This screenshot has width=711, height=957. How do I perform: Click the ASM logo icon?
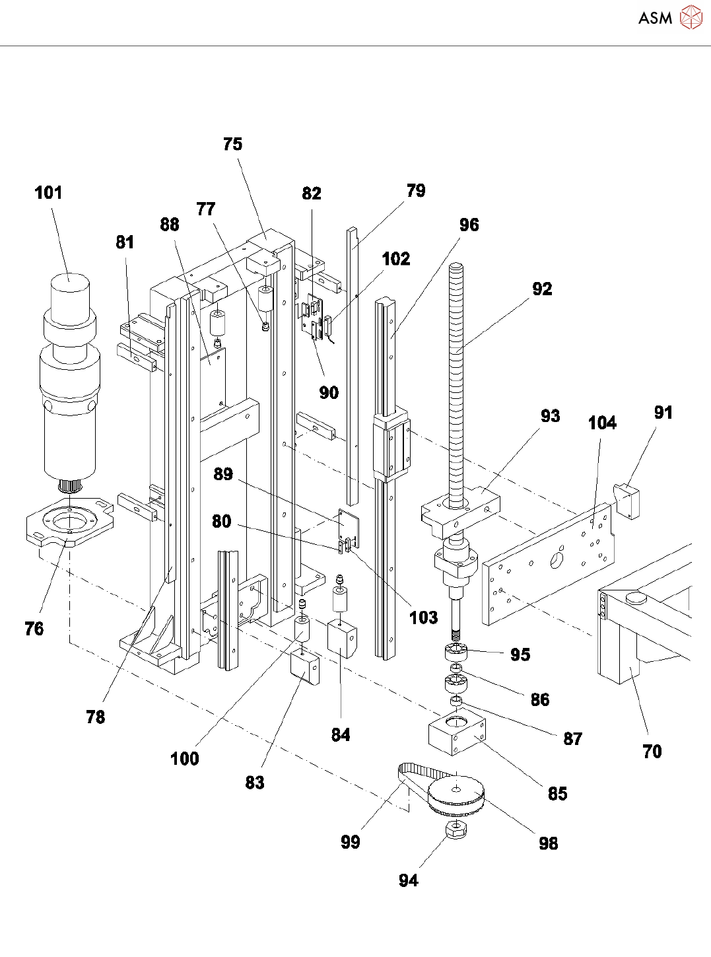(x=691, y=17)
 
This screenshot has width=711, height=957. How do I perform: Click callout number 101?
(x=48, y=192)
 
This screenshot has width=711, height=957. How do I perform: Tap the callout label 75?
(x=232, y=144)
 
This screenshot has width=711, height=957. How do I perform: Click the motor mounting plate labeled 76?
(x=71, y=521)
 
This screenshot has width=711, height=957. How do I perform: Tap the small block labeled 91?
(x=626, y=501)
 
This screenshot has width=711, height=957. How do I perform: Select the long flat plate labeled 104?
(x=548, y=563)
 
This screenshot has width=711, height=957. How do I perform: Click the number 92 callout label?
(x=542, y=289)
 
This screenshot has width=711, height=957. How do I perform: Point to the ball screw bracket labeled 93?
(x=461, y=512)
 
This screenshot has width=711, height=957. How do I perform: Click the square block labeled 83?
(x=305, y=668)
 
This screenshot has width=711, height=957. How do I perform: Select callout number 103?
(x=424, y=618)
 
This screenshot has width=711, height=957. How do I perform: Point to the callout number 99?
(x=351, y=842)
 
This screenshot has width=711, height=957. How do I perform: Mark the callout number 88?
(x=170, y=225)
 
